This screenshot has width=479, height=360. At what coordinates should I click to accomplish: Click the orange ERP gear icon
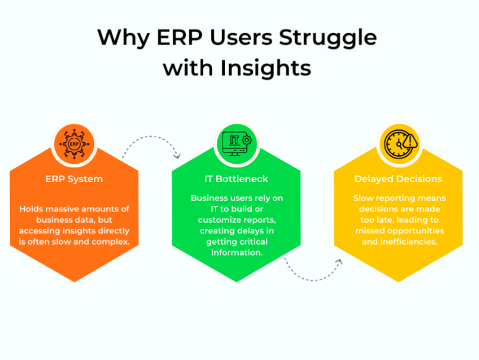(x=74, y=144)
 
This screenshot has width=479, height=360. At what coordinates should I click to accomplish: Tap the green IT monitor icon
(x=237, y=144)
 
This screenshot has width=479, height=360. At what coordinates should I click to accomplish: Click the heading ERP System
(x=74, y=179)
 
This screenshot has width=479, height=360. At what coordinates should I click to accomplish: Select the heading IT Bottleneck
(x=236, y=179)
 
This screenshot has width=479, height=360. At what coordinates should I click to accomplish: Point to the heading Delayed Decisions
(x=398, y=179)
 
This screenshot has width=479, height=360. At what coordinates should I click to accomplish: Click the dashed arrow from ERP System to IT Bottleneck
(x=151, y=137)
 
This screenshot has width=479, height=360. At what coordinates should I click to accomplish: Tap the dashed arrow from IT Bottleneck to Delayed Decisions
(x=313, y=280)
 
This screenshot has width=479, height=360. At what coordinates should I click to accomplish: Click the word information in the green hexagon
(x=237, y=252)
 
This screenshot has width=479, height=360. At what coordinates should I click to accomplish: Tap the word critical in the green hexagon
(x=253, y=242)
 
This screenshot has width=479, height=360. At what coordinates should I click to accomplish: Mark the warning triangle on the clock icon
(x=410, y=141)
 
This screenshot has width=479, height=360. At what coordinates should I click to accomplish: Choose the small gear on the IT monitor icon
(x=246, y=140)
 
